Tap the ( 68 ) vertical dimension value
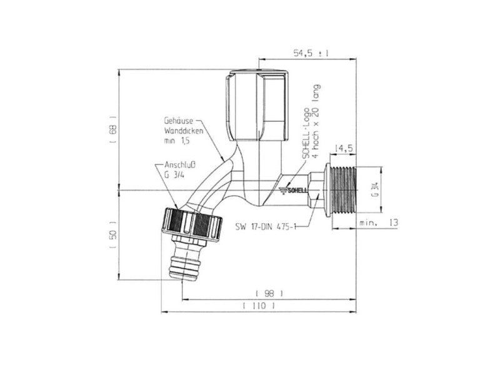click(113, 129)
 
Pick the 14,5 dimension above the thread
click(345, 149)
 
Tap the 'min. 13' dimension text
click(379, 222)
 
